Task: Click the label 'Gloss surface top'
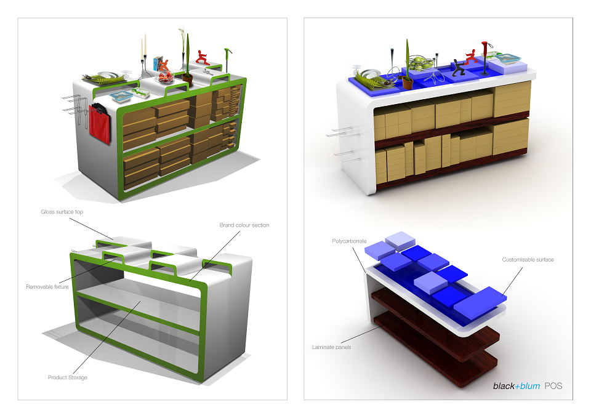coord(62,212)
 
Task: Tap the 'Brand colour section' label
coord(244,225)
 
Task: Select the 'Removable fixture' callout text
coord(47,287)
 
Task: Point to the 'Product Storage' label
coord(68,377)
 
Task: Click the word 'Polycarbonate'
coord(349,241)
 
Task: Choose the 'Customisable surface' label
coord(528,260)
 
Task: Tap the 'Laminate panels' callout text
coord(331,347)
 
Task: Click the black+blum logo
coord(517,386)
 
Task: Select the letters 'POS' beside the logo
coord(553,386)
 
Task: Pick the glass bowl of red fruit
coord(164,78)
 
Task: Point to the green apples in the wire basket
coord(419,62)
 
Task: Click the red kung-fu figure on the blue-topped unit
coord(472,57)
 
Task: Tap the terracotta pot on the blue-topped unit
coord(408,82)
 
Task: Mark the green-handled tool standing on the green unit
coord(228,60)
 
